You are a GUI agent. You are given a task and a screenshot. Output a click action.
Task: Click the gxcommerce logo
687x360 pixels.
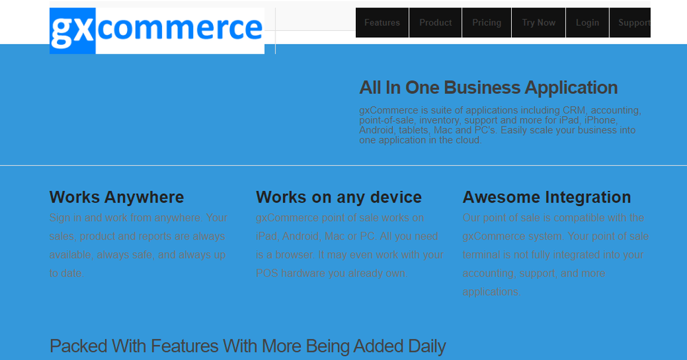[x=157, y=30]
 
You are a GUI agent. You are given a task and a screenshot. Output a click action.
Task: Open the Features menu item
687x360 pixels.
[x=382, y=23]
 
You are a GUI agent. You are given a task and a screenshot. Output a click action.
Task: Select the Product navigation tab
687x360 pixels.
[x=436, y=23]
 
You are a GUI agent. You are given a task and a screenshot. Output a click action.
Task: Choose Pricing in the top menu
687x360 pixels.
[x=486, y=23]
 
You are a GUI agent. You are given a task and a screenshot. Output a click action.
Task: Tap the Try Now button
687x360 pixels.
[x=539, y=23]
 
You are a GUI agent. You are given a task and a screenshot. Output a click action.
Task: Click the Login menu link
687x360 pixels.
[x=587, y=23]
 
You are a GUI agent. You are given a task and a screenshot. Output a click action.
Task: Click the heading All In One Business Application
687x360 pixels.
[x=488, y=88]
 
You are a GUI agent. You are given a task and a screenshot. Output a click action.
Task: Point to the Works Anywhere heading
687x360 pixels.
[x=117, y=197]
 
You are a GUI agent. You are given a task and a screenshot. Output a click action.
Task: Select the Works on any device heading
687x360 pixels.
[x=339, y=197]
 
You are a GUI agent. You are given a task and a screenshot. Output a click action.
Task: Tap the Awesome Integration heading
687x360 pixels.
[x=547, y=197]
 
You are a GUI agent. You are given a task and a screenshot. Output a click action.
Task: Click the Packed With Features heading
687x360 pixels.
[x=247, y=346]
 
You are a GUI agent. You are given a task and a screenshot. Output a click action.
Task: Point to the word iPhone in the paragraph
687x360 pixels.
[x=600, y=120]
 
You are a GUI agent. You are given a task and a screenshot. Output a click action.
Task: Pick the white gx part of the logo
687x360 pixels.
[x=71, y=30]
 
